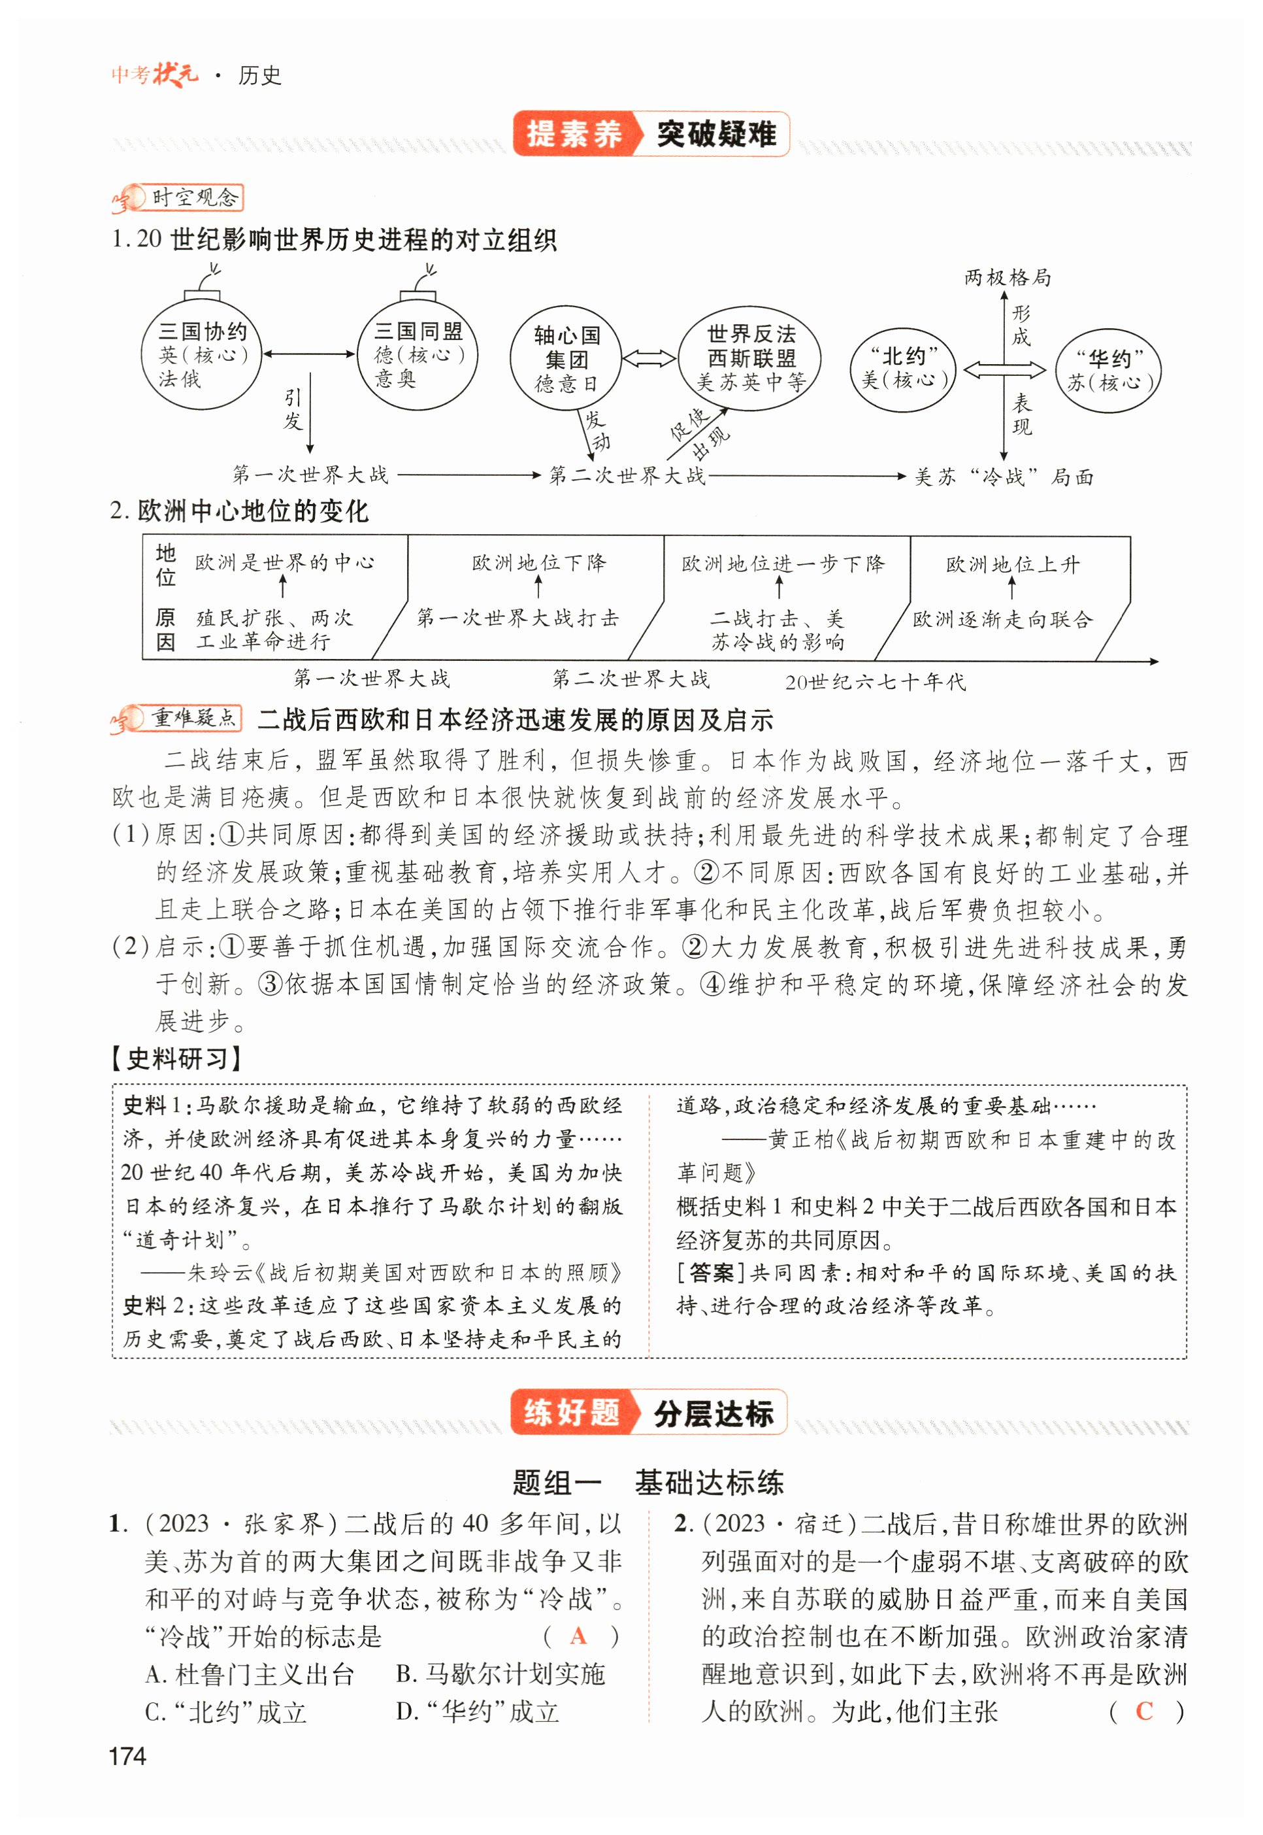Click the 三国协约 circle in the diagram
tap(201, 354)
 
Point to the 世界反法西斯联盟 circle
tap(750, 358)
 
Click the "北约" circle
tap(904, 369)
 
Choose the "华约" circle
tap(1108, 371)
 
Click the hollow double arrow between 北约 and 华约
tap(1004, 369)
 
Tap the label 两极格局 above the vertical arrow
tap(1008, 277)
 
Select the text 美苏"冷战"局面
tap(1004, 477)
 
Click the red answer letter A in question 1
tap(578, 1636)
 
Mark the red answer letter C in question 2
tap(1143, 1711)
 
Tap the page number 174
tap(127, 1757)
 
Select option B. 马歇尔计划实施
tap(500, 1674)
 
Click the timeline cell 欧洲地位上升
tap(1012, 564)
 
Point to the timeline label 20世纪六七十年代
tap(876, 682)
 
